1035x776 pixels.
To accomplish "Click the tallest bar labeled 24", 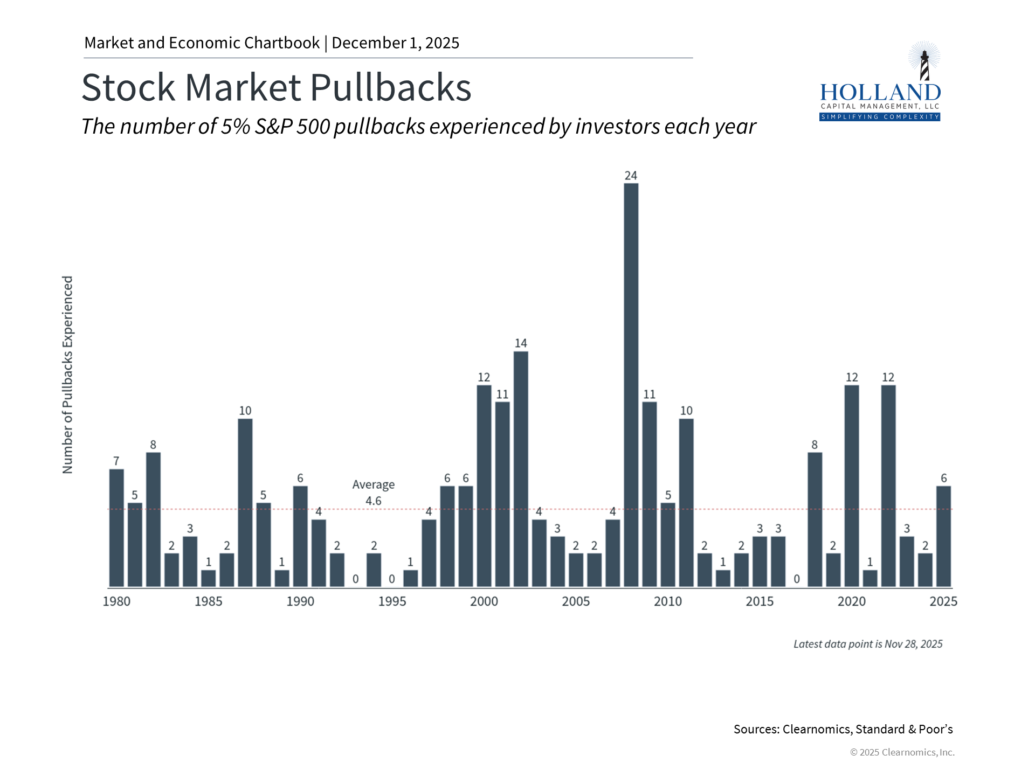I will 631,385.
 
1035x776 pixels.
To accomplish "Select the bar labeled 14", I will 521,469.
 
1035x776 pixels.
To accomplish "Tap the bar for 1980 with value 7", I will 116,528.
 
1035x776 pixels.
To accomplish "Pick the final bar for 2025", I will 943,536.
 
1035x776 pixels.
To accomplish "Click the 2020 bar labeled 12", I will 852,485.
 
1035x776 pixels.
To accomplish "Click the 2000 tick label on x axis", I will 484,601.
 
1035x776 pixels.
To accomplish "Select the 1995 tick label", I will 392,601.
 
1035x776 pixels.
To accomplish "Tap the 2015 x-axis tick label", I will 760,601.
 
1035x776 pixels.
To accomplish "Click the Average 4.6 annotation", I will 374,493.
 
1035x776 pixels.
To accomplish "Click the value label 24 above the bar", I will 631,176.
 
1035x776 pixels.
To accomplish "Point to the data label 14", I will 521,343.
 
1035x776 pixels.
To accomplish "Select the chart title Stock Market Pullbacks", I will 277,87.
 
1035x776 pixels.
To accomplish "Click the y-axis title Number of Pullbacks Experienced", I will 67,375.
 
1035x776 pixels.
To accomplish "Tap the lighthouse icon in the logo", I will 924,62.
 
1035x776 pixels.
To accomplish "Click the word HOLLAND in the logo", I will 880,93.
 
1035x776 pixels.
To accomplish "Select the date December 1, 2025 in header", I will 395,43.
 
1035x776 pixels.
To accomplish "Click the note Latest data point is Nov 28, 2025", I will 868,644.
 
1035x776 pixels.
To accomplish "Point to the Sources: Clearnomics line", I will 843,729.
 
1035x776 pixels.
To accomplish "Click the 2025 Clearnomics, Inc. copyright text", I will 902,752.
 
